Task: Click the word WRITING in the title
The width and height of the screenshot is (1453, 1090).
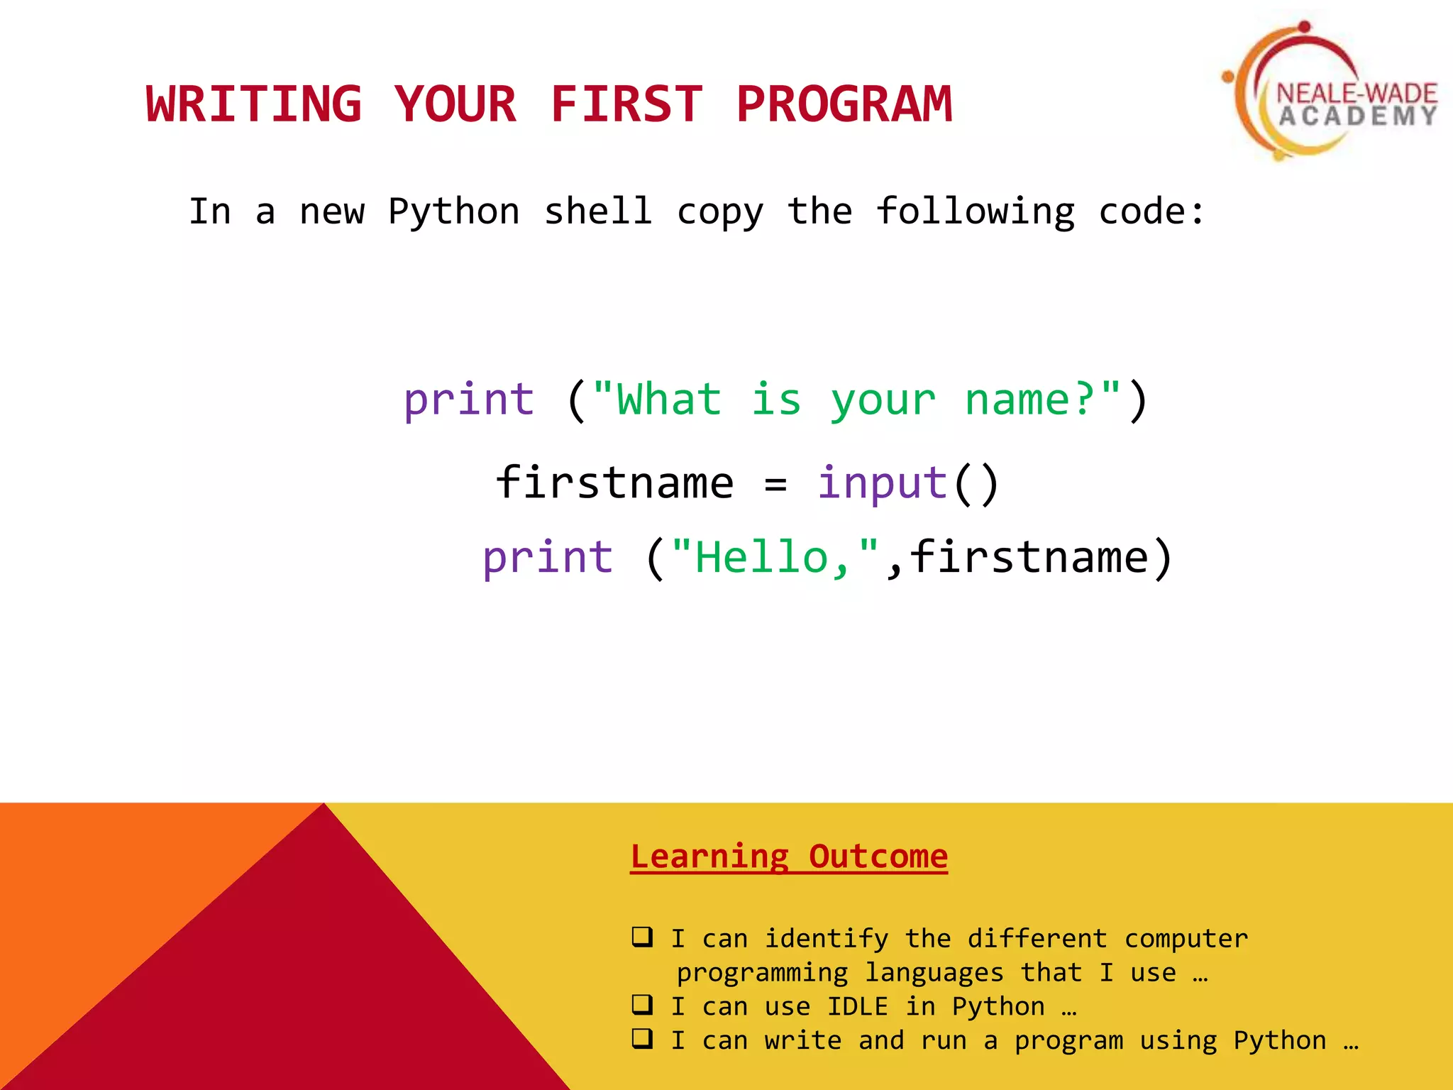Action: (x=254, y=104)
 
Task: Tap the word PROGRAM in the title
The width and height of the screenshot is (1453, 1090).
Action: (x=844, y=104)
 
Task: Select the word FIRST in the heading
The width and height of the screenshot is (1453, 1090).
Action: (x=626, y=104)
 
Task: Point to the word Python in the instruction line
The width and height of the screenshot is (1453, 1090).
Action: (x=454, y=212)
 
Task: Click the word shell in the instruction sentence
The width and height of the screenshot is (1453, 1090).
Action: (x=598, y=212)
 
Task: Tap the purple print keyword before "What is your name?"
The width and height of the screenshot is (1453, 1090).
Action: (x=469, y=400)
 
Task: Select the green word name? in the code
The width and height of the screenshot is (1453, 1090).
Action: (x=1029, y=400)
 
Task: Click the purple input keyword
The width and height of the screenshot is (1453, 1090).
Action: (x=883, y=484)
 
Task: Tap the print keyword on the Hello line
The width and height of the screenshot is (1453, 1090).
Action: (x=548, y=557)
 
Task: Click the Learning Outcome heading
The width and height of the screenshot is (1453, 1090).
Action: (x=789, y=857)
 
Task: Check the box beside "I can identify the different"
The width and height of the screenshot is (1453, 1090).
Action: (x=642, y=937)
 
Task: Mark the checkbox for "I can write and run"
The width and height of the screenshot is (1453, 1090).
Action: (x=642, y=1038)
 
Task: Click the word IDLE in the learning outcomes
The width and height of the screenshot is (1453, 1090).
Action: (x=857, y=1006)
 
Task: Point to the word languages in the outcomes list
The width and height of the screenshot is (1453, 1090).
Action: (x=934, y=973)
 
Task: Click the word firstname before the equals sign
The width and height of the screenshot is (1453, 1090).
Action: (x=614, y=484)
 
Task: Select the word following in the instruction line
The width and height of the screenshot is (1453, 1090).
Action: (x=976, y=212)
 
